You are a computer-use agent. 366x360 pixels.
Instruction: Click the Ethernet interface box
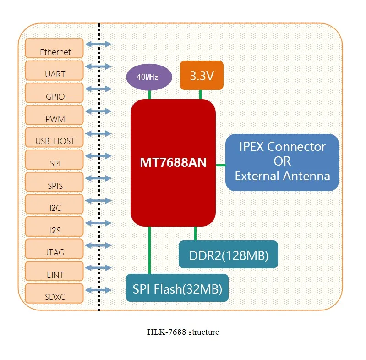pyautogui.click(x=55, y=49)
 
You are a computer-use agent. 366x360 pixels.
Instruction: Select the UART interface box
pyautogui.click(x=55, y=71)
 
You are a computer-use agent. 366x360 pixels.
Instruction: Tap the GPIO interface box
pyautogui.click(x=55, y=94)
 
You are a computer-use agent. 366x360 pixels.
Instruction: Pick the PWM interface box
pyautogui.click(x=55, y=116)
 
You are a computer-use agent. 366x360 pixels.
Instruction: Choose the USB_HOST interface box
pyautogui.click(x=55, y=138)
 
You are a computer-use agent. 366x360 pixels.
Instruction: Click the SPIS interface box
pyautogui.click(x=55, y=183)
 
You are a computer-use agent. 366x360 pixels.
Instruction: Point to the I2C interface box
pyautogui.click(x=55, y=205)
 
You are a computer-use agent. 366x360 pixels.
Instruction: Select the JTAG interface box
pyautogui.click(x=55, y=250)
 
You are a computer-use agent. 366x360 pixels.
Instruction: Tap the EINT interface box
pyautogui.click(x=55, y=272)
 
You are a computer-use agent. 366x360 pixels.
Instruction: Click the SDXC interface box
pyautogui.click(x=55, y=294)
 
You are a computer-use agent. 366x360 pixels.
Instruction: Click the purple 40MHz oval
pyautogui.click(x=149, y=77)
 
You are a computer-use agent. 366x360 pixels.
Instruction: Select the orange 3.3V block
pyautogui.click(x=202, y=75)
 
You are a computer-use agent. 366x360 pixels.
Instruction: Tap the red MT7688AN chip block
pyautogui.click(x=173, y=162)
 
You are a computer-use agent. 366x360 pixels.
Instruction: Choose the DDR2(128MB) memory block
pyautogui.click(x=228, y=255)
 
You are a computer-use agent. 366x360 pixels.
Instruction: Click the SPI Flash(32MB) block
pyautogui.click(x=177, y=288)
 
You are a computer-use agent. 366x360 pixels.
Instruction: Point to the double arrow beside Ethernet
pyautogui.click(x=98, y=44)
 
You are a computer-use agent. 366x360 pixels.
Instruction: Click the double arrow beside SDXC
pyautogui.click(x=98, y=290)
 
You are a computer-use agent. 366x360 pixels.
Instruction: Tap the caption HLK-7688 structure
pyautogui.click(x=183, y=332)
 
